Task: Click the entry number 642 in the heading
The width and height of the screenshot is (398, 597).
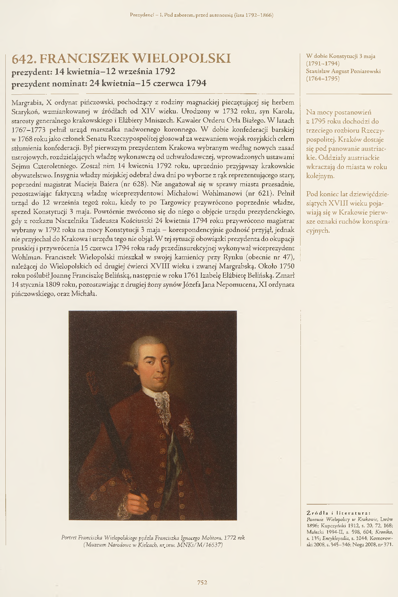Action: coord(23,59)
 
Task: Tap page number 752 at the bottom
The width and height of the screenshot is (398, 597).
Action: coord(202,582)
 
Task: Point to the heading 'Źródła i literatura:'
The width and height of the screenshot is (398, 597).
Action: coord(338,513)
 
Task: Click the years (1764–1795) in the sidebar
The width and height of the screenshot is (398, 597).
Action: coord(323,79)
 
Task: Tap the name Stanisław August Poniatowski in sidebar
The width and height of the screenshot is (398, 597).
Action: coord(343,71)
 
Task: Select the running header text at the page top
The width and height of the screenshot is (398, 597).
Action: coord(201,15)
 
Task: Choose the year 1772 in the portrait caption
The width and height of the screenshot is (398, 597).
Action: coord(230,538)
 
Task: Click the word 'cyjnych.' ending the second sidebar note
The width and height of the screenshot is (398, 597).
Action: coord(318,230)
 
